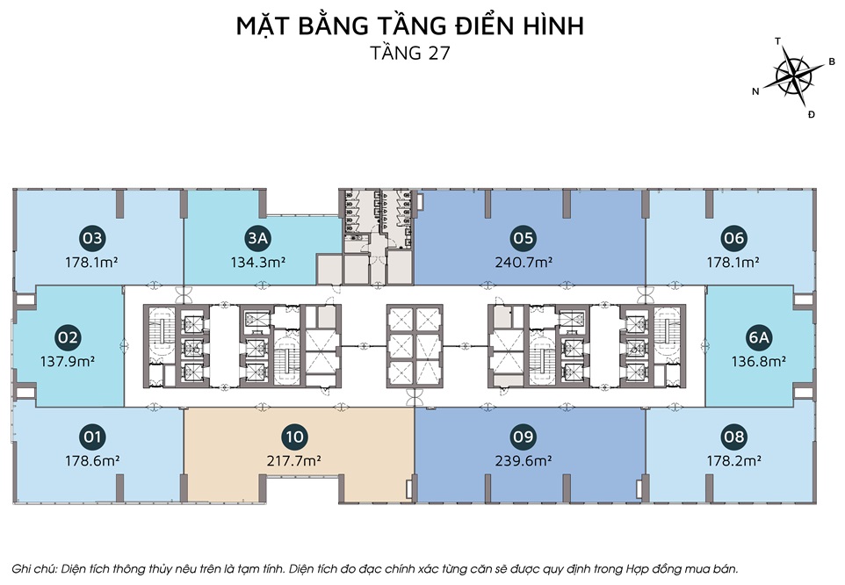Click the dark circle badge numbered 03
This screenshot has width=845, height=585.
tap(92, 238)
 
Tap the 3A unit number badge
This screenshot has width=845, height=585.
tap(257, 238)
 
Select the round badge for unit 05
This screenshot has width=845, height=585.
tap(523, 238)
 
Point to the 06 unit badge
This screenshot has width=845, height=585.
tap(733, 238)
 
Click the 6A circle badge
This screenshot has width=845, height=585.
tap(758, 337)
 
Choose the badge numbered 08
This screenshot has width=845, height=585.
tap(734, 437)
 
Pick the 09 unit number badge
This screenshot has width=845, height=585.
tap(523, 437)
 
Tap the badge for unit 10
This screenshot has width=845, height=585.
tap(295, 437)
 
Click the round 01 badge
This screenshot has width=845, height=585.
tap(92, 437)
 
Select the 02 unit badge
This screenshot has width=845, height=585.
tap(68, 337)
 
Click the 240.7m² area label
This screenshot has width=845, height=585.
tap(524, 263)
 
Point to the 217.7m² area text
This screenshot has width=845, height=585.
tap(294, 461)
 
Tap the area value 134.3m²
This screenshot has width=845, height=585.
tap(257, 263)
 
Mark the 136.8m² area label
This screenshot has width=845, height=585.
tap(758, 361)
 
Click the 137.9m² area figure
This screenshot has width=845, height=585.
tap(68, 361)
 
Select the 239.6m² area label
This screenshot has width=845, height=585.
tap(524, 461)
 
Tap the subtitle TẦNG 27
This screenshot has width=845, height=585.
tap(410, 53)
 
